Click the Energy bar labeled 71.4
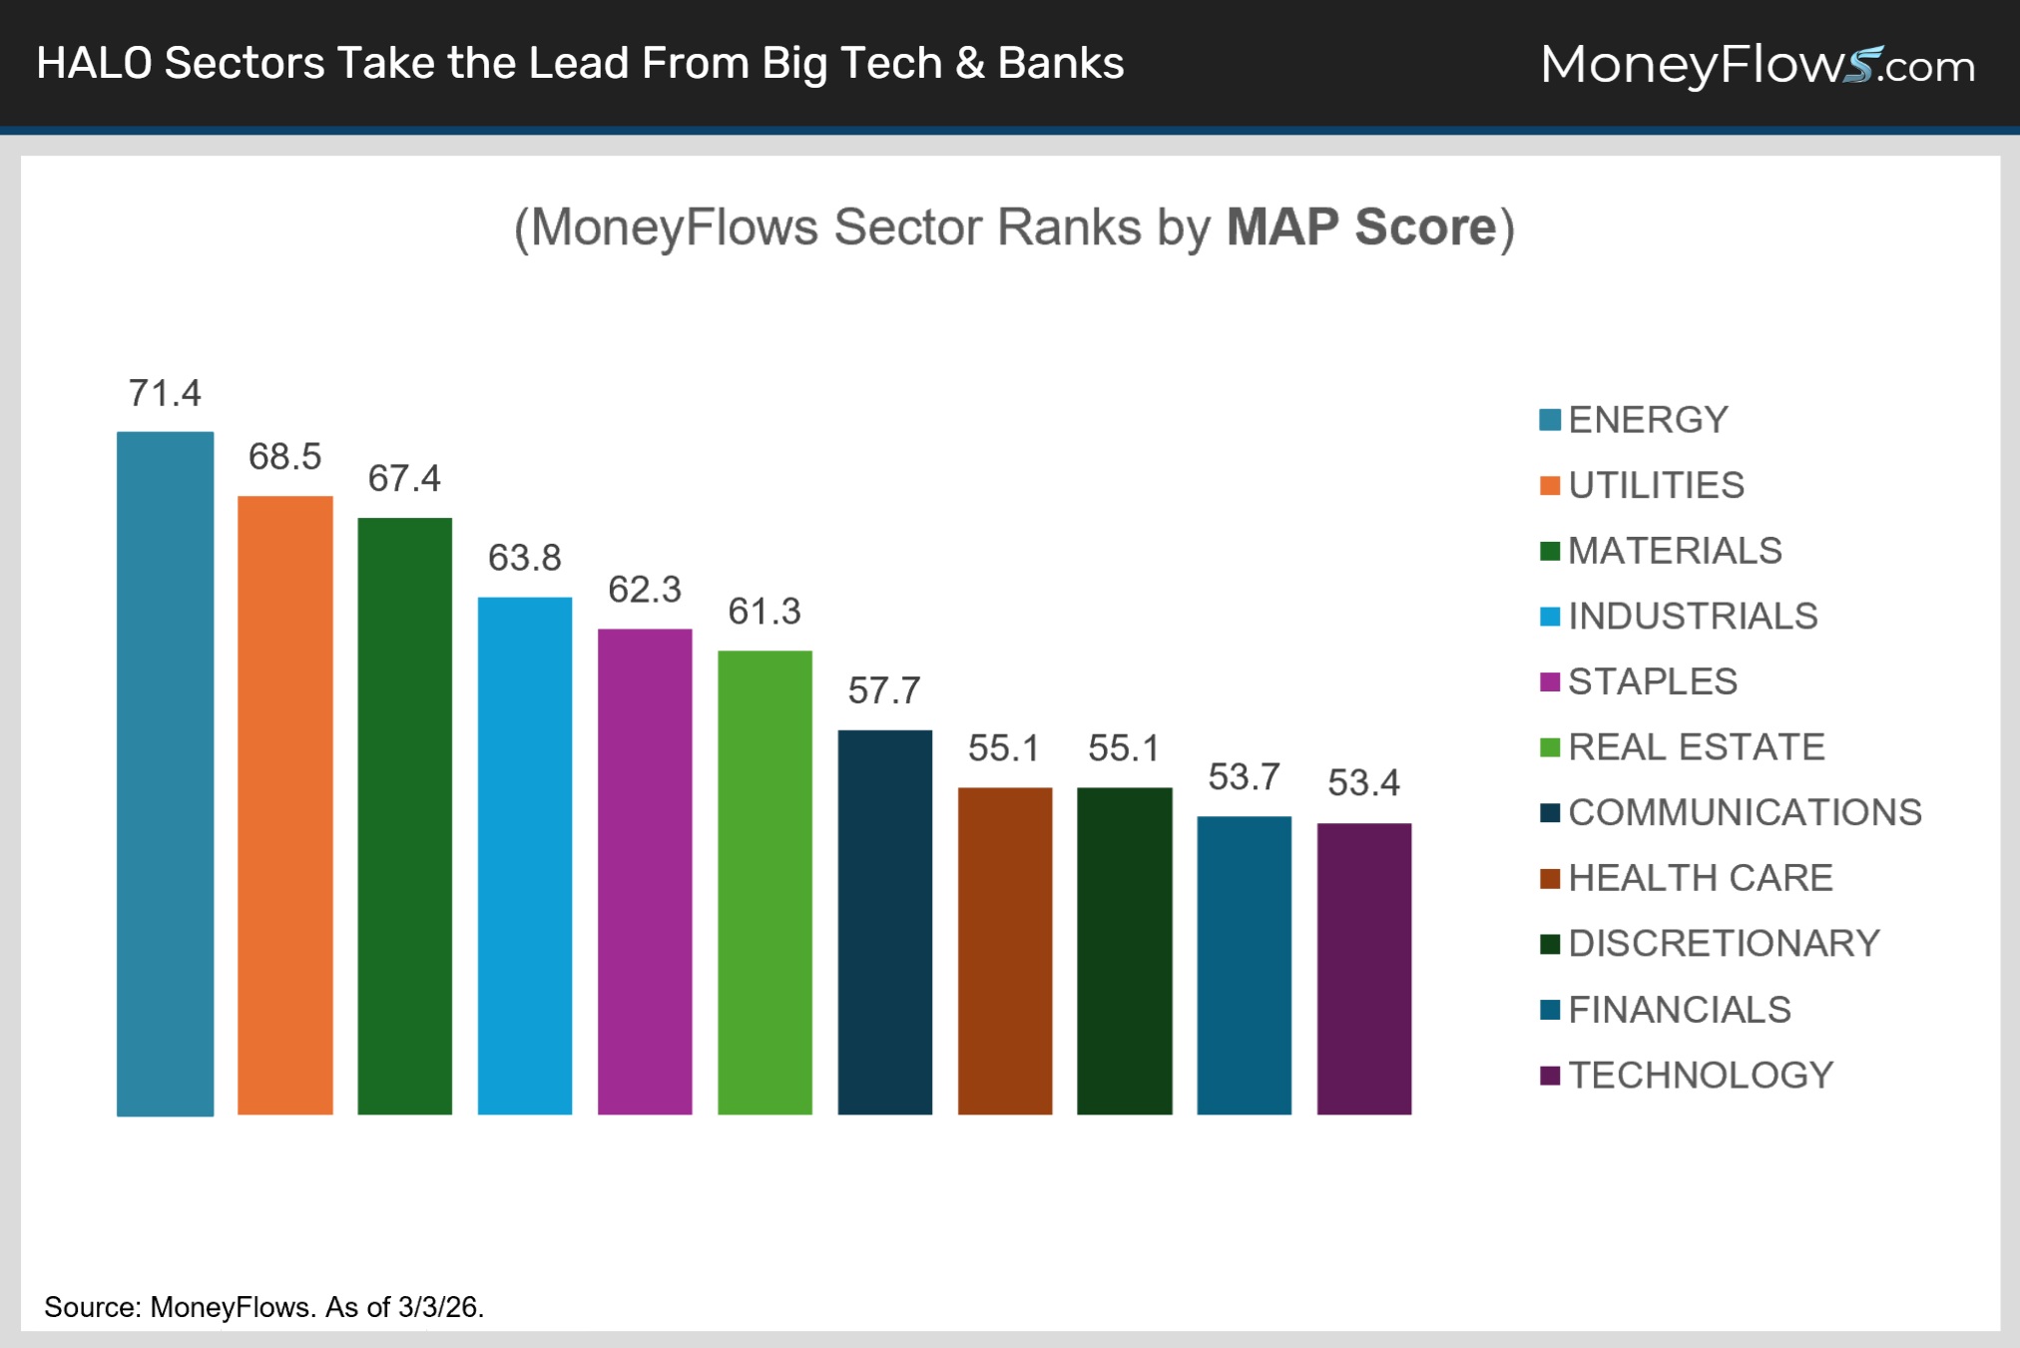point(165,773)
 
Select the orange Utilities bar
point(284,804)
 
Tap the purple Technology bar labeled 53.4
point(1363,968)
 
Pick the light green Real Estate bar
point(764,882)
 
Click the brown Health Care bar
point(1004,950)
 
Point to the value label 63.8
point(524,558)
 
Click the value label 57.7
point(883,690)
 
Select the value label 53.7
point(1244,777)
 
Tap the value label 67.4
point(404,479)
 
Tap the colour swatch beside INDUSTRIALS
point(1549,617)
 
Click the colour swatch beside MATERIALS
point(1549,551)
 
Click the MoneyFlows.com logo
point(1758,65)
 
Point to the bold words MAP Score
point(1361,227)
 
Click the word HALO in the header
point(94,63)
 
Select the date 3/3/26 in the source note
point(438,1307)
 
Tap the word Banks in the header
point(1060,63)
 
